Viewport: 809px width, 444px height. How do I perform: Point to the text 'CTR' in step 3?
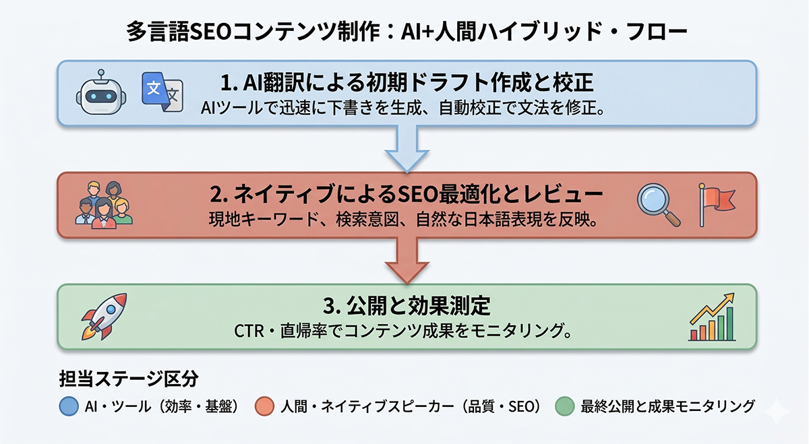pyautogui.click(x=247, y=331)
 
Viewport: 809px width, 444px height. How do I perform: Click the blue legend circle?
pyautogui.click(x=67, y=406)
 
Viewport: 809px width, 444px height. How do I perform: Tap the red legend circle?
pyautogui.click(x=265, y=406)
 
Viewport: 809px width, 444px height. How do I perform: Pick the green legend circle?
pyautogui.click(x=565, y=406)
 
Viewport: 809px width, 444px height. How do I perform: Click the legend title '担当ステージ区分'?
pyautogui.click(x=128, y=379)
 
